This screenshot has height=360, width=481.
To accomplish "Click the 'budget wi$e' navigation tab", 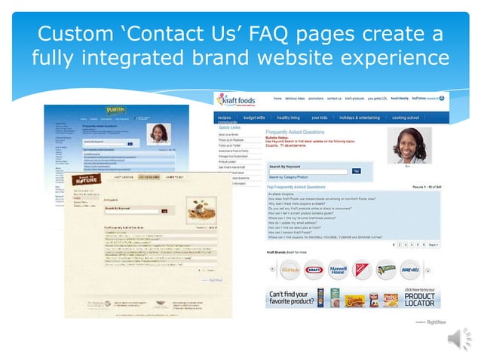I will [x=254, y=117].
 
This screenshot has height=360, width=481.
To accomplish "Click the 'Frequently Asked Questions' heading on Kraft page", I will [x=296, y=130].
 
